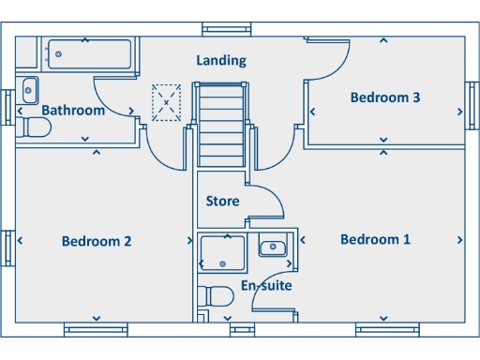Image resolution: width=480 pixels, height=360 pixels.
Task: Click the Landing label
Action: (x=221, y=61)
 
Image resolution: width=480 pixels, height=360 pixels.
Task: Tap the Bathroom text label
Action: (x=73, y=111)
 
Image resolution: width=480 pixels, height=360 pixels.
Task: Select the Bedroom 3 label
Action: (x=384, y=97)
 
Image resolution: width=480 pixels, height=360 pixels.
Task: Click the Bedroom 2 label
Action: (x=96, y=242)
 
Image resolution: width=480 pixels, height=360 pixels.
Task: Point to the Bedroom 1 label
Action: (x=375, y=240)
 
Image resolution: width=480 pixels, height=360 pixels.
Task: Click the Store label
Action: (x=222, y=202)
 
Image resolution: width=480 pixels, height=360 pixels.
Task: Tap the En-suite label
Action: (x=266, y=286)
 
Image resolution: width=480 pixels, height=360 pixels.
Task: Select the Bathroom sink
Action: (x=28, y=91)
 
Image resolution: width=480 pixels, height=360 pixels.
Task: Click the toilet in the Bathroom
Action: (x=35, y=127)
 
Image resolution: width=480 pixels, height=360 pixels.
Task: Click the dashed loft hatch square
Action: (x=166, y=102)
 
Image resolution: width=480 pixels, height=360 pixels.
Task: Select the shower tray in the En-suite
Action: (x=222, y=254)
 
